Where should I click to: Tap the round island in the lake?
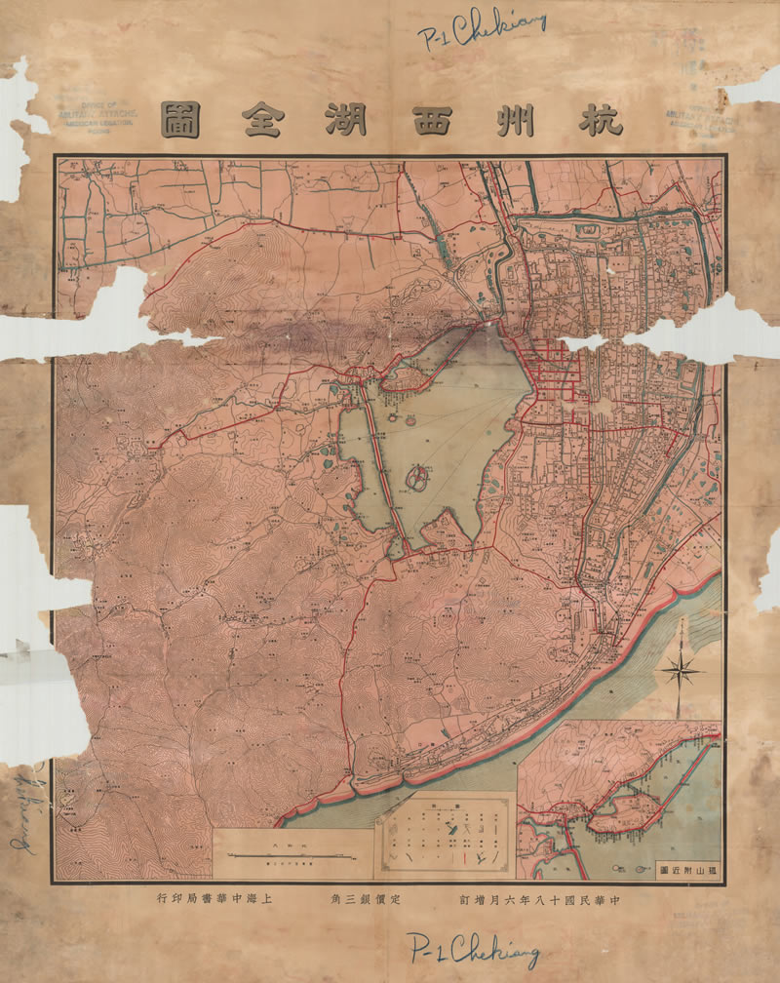tap(417, 477)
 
